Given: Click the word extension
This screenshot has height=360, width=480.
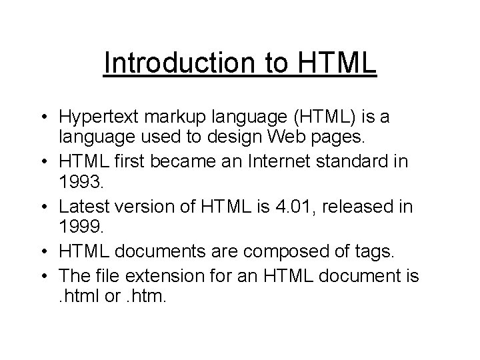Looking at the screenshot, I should pos(167,275).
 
